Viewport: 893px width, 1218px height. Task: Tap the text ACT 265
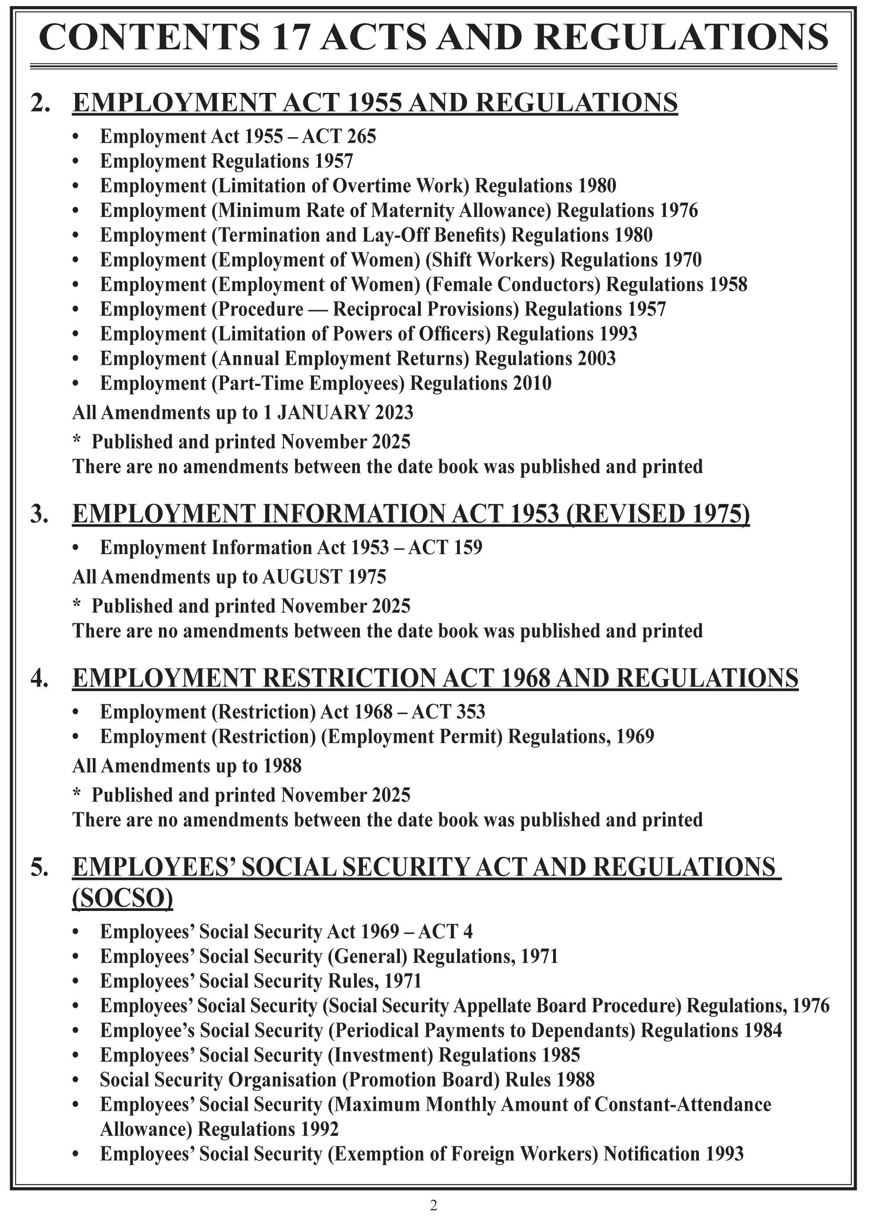click(x=339, y=136)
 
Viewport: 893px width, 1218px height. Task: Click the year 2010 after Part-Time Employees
click(x=532, y=383)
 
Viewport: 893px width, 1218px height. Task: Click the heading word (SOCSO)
click(x=123, y=899)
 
